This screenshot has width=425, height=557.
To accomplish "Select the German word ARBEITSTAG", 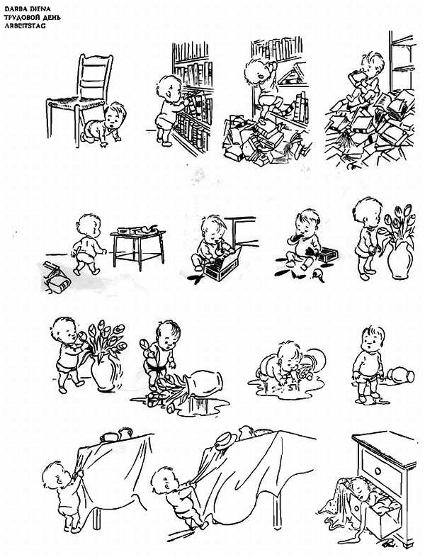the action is (x=25, y=26).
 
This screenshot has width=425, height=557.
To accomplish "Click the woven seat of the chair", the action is (x=75, y=103).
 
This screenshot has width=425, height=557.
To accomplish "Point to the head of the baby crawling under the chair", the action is (x=115, y=116).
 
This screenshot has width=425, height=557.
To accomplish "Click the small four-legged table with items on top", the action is (x=137, y=247).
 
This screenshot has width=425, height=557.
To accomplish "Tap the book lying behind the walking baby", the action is (x=57, y=278).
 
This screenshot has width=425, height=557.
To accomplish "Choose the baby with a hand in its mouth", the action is (x=303, y=238).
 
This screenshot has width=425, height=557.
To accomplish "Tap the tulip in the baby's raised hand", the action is (x=145, y=344).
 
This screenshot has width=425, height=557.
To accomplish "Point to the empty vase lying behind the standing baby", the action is (x=401, y=375).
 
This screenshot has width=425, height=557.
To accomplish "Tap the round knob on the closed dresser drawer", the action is (x=378, y=471).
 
